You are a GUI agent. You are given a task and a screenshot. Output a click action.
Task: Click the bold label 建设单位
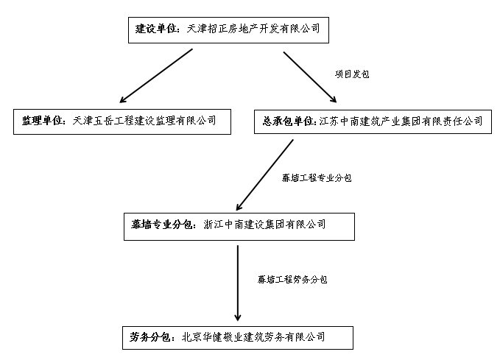[155, 29]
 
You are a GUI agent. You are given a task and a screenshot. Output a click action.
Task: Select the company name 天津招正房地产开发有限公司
[253, 29]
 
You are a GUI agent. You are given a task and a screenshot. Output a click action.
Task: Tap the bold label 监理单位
[42, 121]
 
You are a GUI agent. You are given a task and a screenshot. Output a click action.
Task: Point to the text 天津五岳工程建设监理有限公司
[144, 121]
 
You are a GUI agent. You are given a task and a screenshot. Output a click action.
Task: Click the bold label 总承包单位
[288, 121]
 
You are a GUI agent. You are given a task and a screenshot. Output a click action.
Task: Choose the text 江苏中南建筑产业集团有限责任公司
[401, 121]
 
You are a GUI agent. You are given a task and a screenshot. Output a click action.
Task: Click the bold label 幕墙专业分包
[161, 225]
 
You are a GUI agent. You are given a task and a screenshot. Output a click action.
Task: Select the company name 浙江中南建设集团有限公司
[264, 225]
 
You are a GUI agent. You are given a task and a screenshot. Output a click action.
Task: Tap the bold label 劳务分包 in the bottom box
[149, 337]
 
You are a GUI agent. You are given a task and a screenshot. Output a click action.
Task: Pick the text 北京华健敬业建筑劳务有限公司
[253, 337]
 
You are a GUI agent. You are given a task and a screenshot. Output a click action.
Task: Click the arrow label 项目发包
[352, 74]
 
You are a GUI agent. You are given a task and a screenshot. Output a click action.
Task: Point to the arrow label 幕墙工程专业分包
[317, 177]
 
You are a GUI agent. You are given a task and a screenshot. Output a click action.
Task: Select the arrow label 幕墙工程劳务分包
[292, 280]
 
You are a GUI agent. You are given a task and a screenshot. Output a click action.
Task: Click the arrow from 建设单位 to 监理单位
[156, 76]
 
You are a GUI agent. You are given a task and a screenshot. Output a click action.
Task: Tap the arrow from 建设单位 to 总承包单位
[310, 77]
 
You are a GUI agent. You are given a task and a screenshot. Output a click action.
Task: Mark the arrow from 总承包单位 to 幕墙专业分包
[264, 175]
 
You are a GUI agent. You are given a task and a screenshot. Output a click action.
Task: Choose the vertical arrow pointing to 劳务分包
[238, 283]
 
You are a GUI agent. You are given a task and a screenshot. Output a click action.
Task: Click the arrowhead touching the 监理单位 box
[124, 99]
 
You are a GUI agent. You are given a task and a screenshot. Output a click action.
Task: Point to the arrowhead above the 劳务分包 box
[238, 317]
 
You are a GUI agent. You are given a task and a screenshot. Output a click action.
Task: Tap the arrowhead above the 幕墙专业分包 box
[239, 207]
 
